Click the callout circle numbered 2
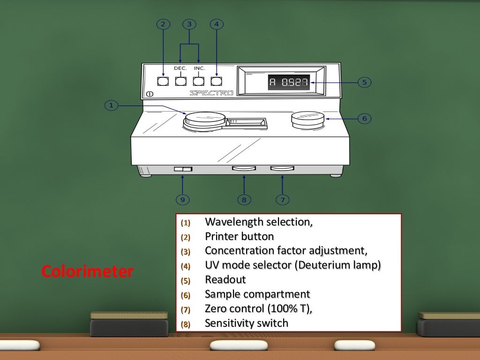(x=163, y=24)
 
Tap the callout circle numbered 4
(x=216, y=24)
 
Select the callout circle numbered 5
(x=364, y=82)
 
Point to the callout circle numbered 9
(x=183, y=200)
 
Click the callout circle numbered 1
(x=111, y=106)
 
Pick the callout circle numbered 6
(x=364, y=119)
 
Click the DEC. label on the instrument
(x=180, y=68)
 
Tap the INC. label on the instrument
(x=200, y=68)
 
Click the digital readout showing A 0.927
(x=288, y=83)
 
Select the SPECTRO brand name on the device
(x=211, y=93)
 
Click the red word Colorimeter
(x=87, y=271)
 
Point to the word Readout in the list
(x=225, y=280)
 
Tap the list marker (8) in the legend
(x=187, y=324)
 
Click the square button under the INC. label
(x=199, y=81)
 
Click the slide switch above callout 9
(x=183, y=169)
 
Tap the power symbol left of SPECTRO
(x=150, y=94)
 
